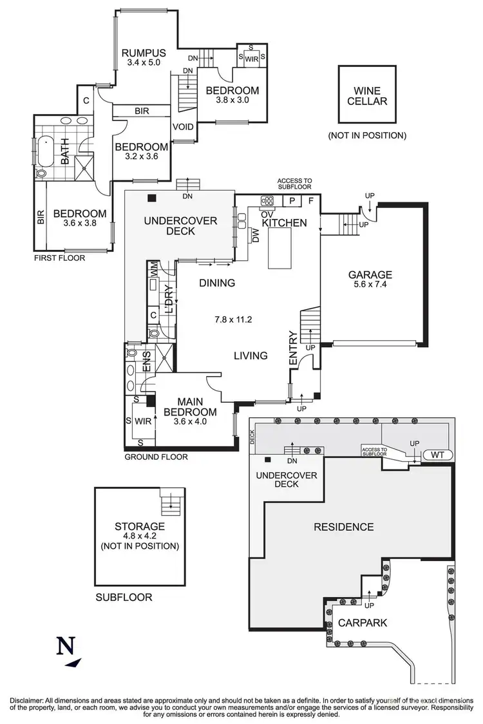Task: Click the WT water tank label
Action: click(438, 455)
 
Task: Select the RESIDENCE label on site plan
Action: click(343, 527)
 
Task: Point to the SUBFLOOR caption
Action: click(124, 597)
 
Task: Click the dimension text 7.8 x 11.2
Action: click(235, 319)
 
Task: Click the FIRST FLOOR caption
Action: click(61, 258)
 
